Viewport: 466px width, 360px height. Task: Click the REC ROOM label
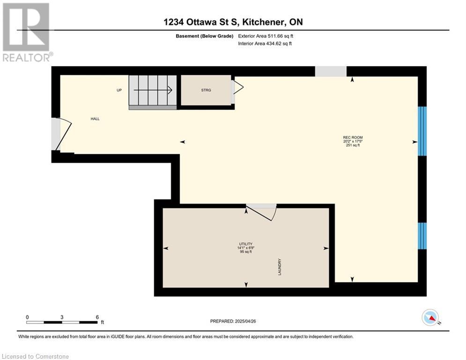tap(353, 137)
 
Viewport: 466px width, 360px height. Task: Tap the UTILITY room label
tap(246, 244)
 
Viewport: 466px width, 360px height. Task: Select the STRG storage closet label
tap(206, 90)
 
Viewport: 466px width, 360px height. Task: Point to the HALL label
tap(95, 119)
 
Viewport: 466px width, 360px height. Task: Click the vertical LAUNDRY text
tap(280, 267)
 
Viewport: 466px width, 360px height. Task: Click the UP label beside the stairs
tap(119, 90)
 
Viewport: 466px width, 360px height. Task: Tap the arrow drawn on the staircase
tap(153, 90)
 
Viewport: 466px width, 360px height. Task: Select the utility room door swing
tap(261, 212)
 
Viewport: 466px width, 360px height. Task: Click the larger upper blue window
tap(422, 131)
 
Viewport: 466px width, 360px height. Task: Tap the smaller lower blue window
tap(422, 236)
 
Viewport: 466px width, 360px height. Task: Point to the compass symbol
tap(430, 318)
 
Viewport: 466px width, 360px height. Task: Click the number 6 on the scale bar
tap(97, 317)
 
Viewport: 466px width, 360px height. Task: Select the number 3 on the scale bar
tap(62, 317)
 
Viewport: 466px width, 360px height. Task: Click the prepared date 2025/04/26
tap(245, 321)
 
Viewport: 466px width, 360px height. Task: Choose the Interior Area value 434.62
tap(274, 44)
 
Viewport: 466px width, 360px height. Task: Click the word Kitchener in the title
tap(262, 22)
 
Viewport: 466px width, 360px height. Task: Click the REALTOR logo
tap(27, 32)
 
